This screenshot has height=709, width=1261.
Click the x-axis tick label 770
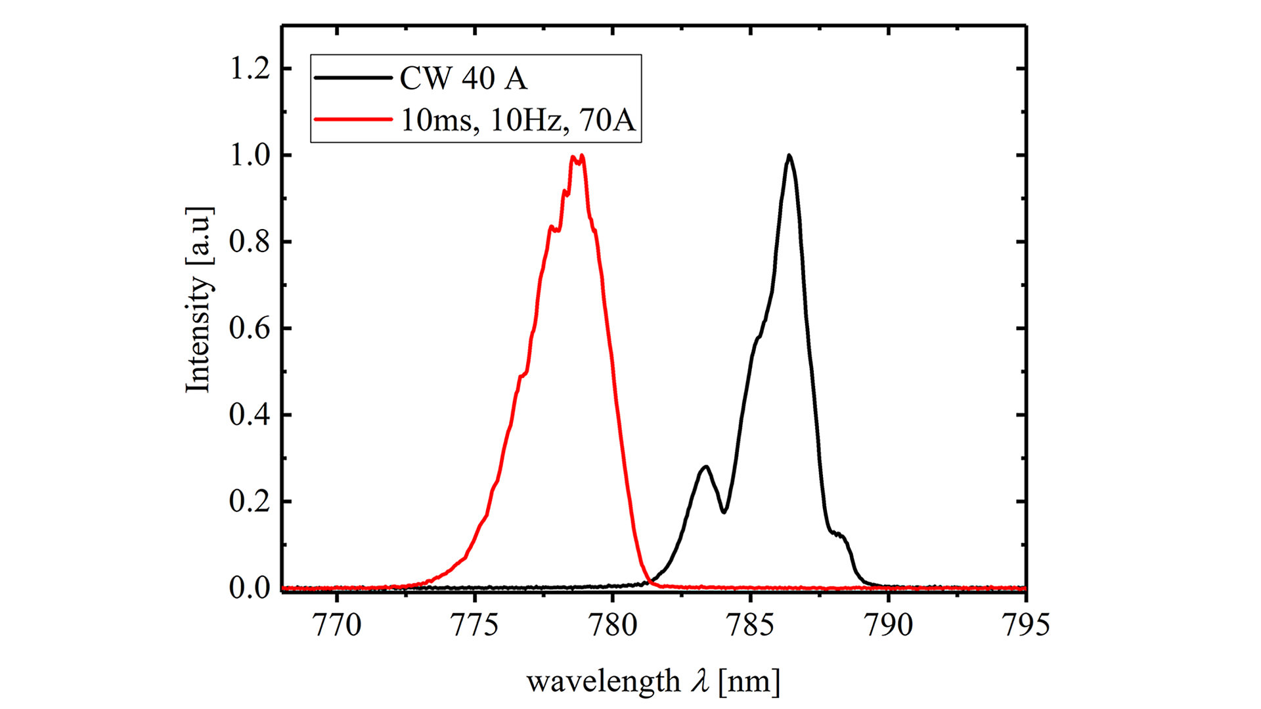336,625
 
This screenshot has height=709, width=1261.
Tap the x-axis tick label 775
474,625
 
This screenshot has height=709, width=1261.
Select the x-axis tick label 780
612,625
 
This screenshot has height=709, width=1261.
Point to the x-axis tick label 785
750,625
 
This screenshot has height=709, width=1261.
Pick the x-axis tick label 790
888,625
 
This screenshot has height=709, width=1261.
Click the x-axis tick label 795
1025,625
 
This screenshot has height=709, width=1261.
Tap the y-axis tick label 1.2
250,68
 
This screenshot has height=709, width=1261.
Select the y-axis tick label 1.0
250,156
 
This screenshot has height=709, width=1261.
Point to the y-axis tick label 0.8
250,242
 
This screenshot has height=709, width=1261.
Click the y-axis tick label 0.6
250,328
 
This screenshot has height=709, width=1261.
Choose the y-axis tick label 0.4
250,415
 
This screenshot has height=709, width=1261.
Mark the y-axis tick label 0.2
250,502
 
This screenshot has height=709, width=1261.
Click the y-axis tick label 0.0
250,588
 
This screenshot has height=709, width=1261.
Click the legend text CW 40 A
463,79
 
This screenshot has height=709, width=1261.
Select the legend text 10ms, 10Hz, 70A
518,120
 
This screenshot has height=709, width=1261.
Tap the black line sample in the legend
353,78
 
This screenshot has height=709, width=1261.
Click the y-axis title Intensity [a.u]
198,300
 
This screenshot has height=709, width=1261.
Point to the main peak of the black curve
789,156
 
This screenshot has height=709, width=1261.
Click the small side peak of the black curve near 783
705,467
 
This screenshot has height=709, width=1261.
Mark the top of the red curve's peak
578,157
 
